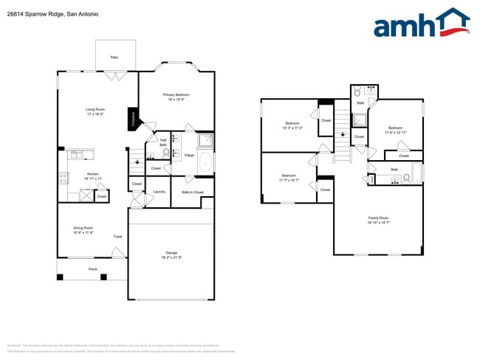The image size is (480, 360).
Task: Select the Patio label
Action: (114, 57)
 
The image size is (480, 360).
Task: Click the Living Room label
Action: (95, 111)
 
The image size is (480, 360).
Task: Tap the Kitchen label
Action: (93, 176)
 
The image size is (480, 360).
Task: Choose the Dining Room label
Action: (83, 230)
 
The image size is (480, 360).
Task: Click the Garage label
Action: (171, 255)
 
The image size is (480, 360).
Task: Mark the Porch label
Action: (93, 269)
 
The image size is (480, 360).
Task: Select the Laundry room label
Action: (159, 192)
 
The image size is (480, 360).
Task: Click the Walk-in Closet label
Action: (193, 192)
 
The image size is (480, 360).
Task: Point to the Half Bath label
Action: (162, 142)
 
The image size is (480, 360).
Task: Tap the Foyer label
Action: (117, 236)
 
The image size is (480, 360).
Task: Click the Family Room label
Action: (378, 220)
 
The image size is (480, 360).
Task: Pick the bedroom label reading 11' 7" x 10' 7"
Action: (289, 178)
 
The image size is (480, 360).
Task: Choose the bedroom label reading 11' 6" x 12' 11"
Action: (396, 131)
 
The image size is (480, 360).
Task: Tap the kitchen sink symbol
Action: (76, 154)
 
